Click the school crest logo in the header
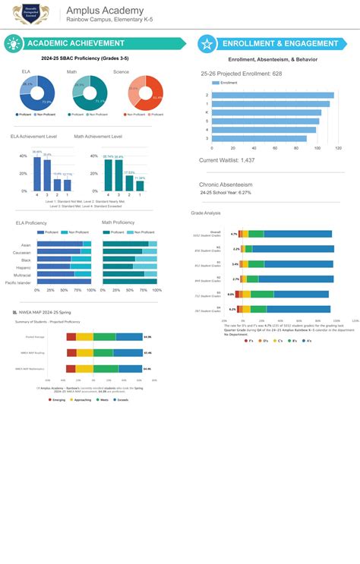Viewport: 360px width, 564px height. click(30, 14)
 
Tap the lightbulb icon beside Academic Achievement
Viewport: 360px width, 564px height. click(13, 43)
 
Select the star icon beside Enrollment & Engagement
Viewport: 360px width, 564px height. click(206, 44)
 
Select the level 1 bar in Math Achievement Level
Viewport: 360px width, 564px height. click(140, 185)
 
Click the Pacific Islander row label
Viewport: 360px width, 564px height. click(18, 282)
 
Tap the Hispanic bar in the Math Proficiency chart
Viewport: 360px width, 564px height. click(121, 266)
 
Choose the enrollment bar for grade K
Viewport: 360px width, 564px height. click(266, 112)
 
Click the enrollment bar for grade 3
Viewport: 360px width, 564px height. click(259, 138)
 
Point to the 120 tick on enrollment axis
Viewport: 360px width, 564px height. click(338, 148)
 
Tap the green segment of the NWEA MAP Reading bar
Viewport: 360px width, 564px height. click(104, 353)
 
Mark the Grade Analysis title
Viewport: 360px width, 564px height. click(205, 213)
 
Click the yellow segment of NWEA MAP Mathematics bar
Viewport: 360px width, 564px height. click(84, 369)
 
